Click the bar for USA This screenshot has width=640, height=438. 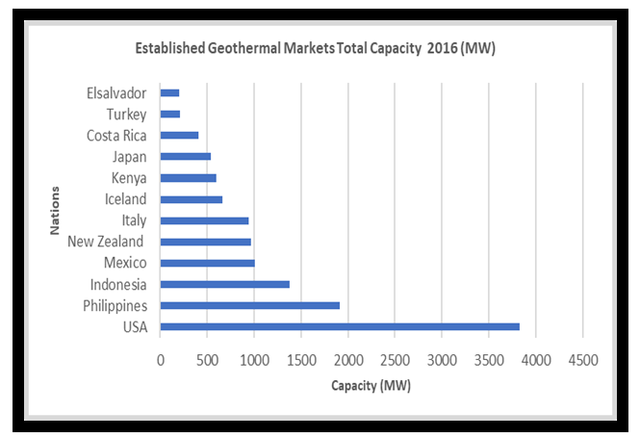(339, 326)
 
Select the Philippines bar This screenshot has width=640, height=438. (249, 305)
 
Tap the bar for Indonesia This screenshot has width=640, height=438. (224, 284)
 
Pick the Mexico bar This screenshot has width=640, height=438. (207, 263)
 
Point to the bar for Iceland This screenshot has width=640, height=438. (191, 199)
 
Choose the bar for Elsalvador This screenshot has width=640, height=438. (169, 93)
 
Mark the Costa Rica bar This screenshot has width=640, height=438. (179, 136)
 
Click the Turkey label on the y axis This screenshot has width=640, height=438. (126, 115)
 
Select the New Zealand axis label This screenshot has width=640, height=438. (106, 242)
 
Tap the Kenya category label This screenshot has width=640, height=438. (128, 178)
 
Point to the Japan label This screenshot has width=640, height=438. (128, 157)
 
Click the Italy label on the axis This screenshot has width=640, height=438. (134, 220)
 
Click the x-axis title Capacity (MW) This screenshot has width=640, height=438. (371, 386)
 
